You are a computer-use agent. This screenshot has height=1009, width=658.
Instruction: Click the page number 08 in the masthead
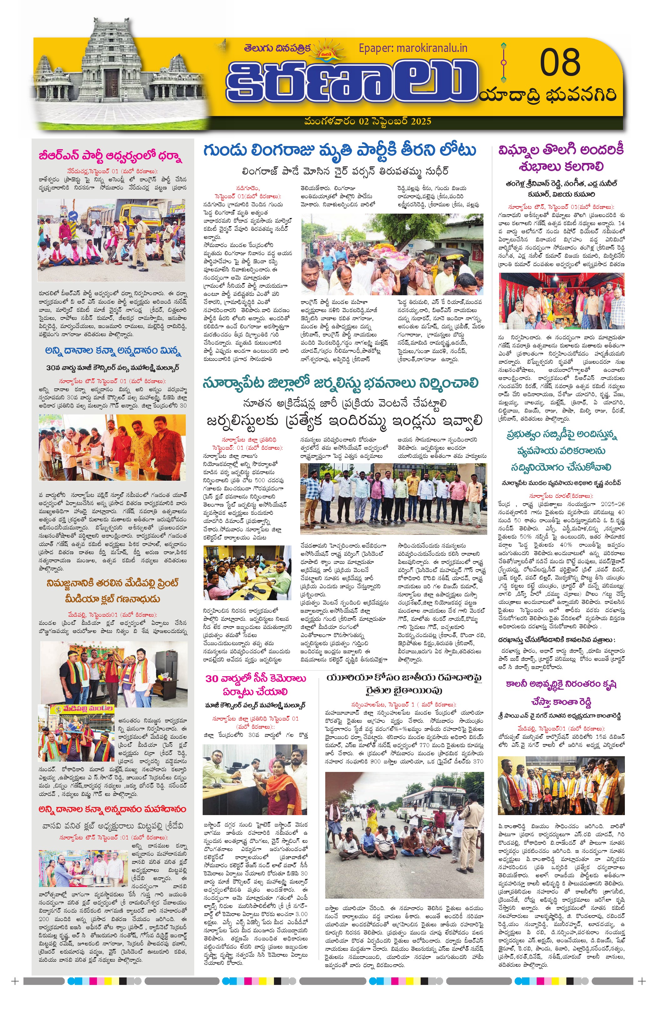559,62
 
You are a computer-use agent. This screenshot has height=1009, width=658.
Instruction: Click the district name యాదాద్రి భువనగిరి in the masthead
548,95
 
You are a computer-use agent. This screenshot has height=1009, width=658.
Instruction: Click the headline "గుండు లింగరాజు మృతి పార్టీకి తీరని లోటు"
339,150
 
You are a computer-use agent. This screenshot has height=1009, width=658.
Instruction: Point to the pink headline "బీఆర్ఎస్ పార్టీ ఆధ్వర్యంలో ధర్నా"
110,156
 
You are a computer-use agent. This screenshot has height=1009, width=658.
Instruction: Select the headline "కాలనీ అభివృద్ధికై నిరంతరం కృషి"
561,684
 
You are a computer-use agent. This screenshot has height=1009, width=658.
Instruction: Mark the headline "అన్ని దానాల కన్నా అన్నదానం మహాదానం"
112,809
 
